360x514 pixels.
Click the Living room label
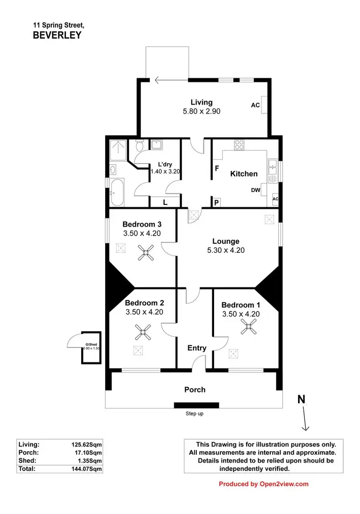click(201, 102)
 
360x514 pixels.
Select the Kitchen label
click(243, 174)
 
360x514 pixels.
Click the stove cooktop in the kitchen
click(240, 144)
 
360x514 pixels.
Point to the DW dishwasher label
click(255, 190)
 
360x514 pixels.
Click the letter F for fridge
click(217, 169)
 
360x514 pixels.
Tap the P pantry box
click(216, 203)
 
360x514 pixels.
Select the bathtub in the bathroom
click(117, 192)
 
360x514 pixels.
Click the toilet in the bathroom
click(139, 145)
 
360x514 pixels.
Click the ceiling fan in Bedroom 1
click(249, 328)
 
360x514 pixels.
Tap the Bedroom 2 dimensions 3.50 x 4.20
click(144, 312)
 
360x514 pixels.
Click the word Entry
click(197, 348)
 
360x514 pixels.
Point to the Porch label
click(195, 389)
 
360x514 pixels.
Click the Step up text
click(195, 413)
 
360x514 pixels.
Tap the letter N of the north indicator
click(301, 399)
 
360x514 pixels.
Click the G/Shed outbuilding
click(91, 347)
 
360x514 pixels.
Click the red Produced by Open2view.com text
click(264, 484)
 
